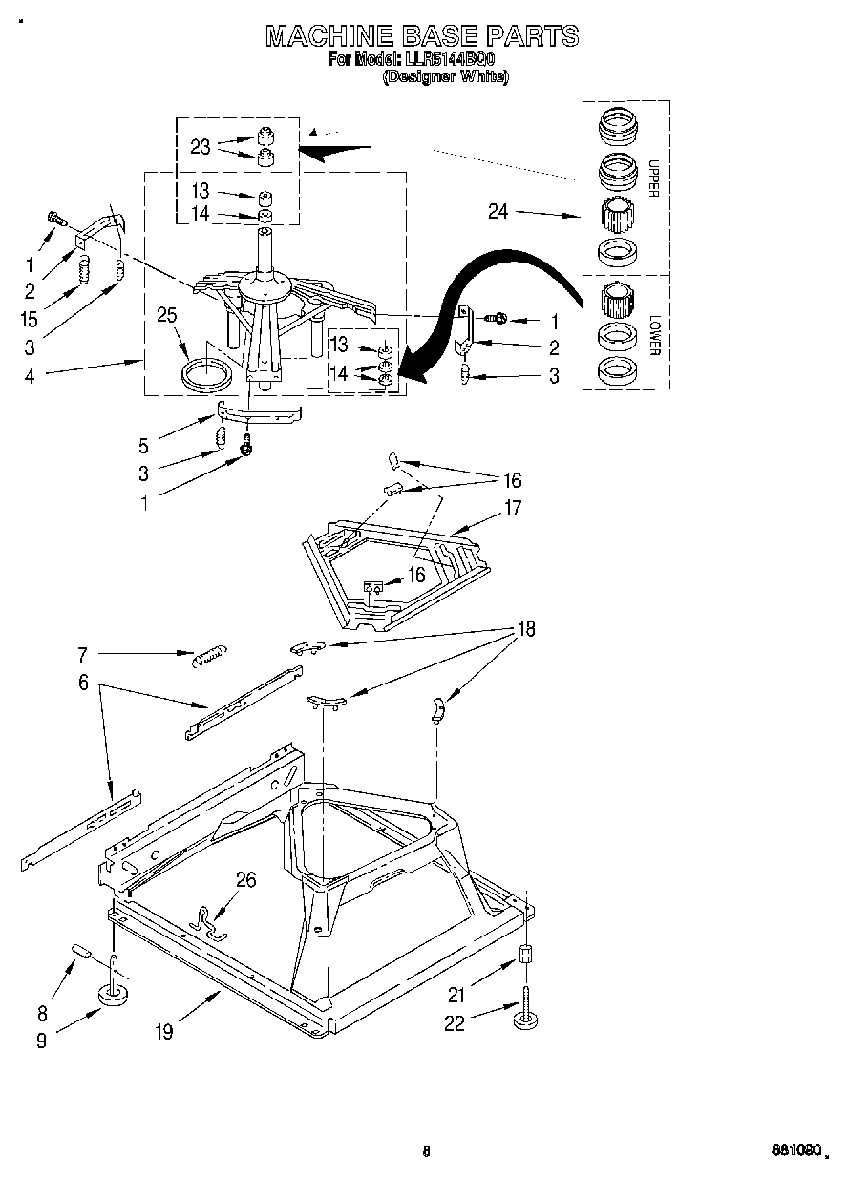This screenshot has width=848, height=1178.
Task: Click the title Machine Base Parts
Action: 421,36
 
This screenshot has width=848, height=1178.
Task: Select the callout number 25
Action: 167,314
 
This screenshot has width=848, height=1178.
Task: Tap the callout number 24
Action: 498,212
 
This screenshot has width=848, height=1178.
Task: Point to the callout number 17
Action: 513,508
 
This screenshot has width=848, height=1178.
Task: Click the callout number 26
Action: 245,879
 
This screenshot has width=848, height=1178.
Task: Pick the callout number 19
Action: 164,1032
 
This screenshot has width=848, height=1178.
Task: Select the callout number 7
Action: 82,654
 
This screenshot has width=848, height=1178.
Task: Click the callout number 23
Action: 200,146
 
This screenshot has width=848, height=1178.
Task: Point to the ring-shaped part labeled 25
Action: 206,373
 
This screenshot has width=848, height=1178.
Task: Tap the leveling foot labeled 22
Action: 524,1019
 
